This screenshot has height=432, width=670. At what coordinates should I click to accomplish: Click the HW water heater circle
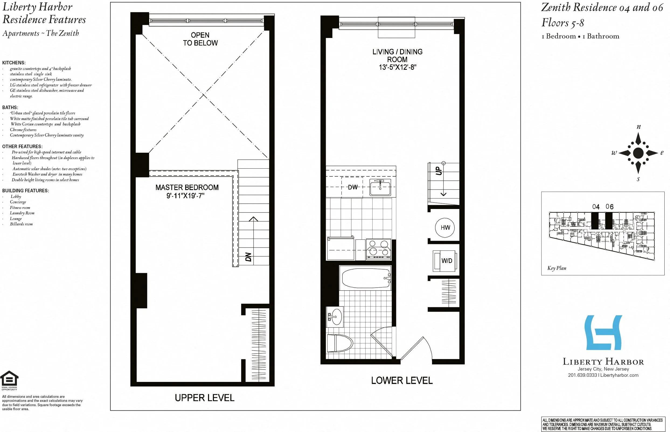pos(445,228)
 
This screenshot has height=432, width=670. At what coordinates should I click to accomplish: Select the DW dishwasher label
pos(352,187)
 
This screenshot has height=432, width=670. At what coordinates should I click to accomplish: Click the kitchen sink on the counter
pos(380,187)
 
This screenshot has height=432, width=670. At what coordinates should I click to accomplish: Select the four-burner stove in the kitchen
pos(378,249)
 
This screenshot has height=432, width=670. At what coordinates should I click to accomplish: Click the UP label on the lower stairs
pos(438,170)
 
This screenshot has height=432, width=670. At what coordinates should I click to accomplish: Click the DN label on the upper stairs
pos(248,257)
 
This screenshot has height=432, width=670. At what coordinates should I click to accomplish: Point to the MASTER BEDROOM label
pos(187,187)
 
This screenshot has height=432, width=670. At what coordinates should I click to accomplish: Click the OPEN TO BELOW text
pos(200,39)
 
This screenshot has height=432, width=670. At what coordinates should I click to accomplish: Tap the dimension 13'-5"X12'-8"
pos(397,67)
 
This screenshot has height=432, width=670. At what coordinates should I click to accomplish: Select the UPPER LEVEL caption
pos(204,398)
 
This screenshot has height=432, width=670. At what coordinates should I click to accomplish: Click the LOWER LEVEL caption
pos(401,381)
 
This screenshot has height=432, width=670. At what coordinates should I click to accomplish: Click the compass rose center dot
pos(638,153)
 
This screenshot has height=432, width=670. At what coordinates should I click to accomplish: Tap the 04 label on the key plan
pos(595,207)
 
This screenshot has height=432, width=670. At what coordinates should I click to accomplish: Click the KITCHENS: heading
pos(14,62)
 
